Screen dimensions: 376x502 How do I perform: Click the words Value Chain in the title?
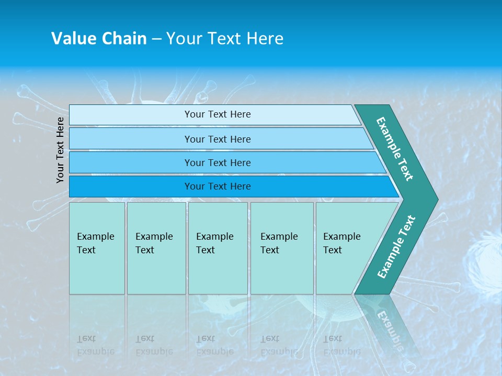(99, 39)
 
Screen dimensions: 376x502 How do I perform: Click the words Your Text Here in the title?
(225, 39)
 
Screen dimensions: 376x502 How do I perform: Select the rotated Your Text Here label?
(61, 150)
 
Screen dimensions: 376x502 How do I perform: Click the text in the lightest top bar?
(218, 114)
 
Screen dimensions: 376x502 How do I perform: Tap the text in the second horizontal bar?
(218, 139)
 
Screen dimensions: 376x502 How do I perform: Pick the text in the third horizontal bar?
(218, 163)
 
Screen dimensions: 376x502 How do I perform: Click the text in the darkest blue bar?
(218, 186)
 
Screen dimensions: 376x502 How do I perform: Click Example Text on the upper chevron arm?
(395, 149)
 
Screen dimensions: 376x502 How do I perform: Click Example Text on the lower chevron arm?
(396, 246)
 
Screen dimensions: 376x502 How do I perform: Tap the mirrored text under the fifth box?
(341, 345)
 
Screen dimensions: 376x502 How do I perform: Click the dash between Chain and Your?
(156, 39)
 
